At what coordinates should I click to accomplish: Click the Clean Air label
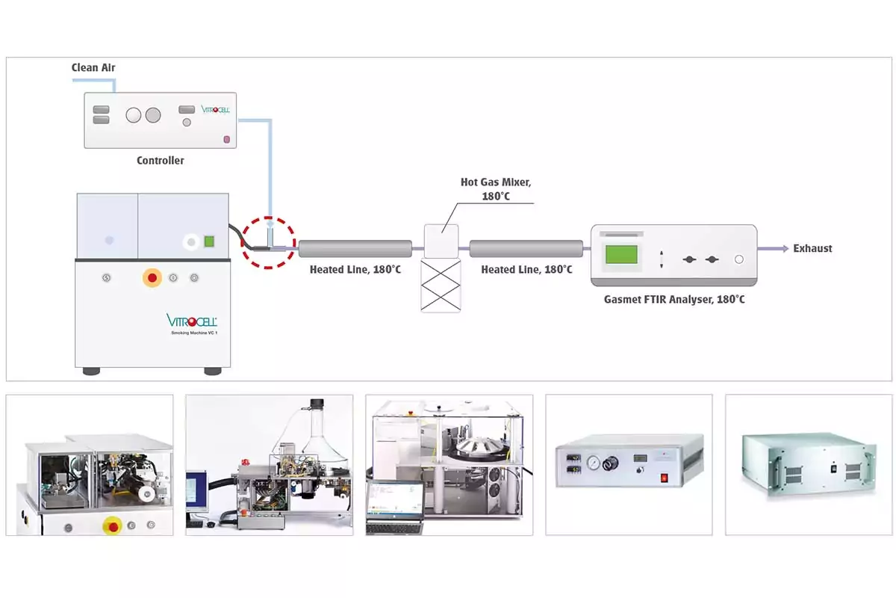93,68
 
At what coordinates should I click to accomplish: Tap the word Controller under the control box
160,161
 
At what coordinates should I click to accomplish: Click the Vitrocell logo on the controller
216,109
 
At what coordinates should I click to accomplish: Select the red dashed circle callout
268,242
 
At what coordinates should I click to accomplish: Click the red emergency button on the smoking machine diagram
152,278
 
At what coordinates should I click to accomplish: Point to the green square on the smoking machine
210,241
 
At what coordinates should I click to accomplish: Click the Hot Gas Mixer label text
496,189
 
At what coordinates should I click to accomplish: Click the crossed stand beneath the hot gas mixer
441,286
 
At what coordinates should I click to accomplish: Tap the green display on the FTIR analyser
621,254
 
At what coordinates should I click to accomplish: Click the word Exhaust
812,248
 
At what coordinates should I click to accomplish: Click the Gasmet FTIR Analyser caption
673,300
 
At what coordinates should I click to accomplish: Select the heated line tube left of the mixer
355,249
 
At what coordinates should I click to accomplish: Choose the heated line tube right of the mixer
526,249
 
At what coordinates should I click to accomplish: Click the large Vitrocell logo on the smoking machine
191,321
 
